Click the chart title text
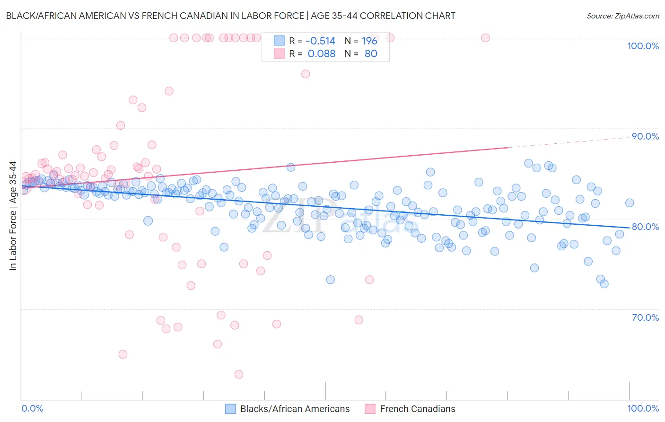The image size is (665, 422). pyautogui.click(x=230, y=16)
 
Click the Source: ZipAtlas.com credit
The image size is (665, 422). pyautogui.click(x=622, y=16)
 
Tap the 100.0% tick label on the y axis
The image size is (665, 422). pyautogui.click(x=643, y=46)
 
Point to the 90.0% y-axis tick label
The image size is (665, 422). pyautogui.click(x=645, y=136)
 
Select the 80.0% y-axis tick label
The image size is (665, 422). pyautogui.click(x=645, y=227)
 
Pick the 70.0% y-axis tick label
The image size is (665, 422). pyautogui.click(x=645, y=317)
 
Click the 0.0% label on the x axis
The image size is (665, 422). pyautogui.click(x=32, y=409)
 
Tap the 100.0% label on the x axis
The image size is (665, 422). pyautogui.click(x=643, y=409)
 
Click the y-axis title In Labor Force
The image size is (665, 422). pyautogui.click(x=13, y=216)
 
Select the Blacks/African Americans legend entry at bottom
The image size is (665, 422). pyautogui.click(x=295, y=409)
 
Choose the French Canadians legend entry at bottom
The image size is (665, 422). pyautogui.click(x=417, y=409)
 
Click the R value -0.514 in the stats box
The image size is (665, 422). pyautogui.click(x=320, y=41)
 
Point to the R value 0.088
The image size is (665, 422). pyautogui.click(x=321, y=54)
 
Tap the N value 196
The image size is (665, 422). pyautogui.click(x=369, y=41)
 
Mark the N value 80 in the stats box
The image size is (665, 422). pyautogui.click(x=371, y=54)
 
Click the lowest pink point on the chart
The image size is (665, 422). pyautogui.click(x=239, y=374)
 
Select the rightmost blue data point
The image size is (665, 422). pyautogui.click(x=630, y=203)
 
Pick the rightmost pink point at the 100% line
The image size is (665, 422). pyautogui.click(x=485, y=38)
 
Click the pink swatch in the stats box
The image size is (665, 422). pyautogui.click(x=279, y=53)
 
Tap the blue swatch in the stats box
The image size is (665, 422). pyautogui.click(x=279, y=41)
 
